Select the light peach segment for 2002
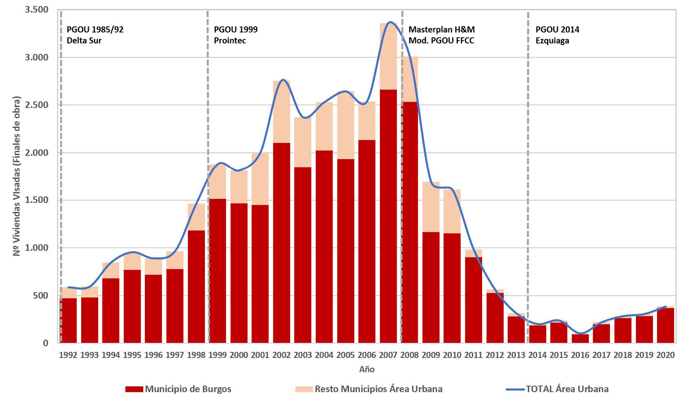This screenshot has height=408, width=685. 282,112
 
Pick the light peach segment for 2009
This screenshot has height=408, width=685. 431,207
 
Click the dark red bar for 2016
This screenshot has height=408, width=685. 580,338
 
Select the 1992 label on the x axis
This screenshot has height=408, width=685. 68,355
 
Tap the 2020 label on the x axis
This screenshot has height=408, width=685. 666,355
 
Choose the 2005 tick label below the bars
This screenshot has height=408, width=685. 345,355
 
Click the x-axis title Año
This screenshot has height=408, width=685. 367,370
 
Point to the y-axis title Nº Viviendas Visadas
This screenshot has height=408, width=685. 17,176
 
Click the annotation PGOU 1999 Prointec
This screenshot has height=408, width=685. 235,35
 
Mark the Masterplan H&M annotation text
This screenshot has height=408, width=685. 441,30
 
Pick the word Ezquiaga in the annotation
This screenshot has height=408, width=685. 552,41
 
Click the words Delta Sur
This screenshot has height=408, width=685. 84,41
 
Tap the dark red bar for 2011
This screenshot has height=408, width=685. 473,300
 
